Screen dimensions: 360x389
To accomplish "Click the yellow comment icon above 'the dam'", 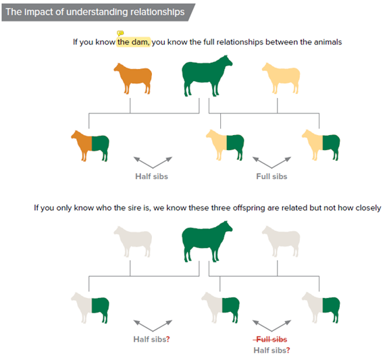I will tap(120, 33).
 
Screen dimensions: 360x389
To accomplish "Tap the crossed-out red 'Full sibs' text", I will tap(270, 338).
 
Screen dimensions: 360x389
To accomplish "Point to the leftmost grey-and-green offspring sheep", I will tap(90, 307).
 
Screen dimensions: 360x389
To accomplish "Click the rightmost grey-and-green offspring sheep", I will tap(321, 307).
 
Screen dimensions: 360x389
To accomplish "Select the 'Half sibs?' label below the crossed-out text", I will tap(271, 350).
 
